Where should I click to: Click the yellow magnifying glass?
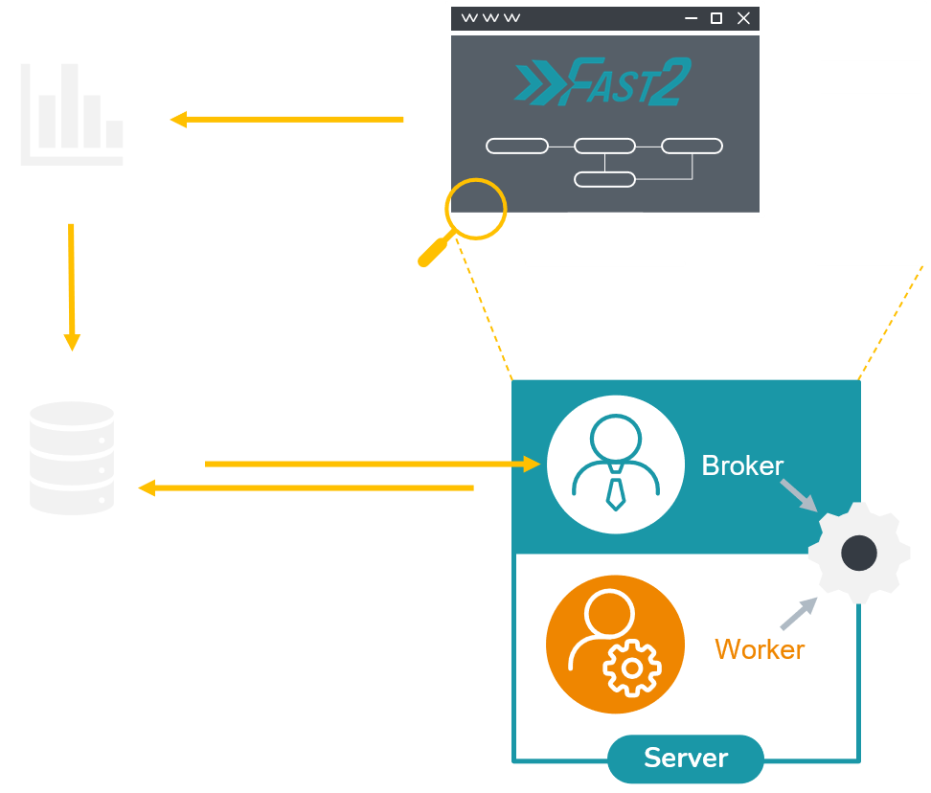[465, 221]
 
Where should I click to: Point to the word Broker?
[742, 465]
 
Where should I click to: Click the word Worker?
[760, 649]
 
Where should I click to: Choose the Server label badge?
[686, 759]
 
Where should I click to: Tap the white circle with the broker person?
[615, 464]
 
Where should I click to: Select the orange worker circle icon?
[615, 645]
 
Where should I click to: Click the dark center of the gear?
[859, 553]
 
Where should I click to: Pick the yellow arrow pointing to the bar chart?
[286, 120]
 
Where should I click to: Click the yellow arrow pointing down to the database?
[72, 286]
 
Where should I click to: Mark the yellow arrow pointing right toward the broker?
[374, 464]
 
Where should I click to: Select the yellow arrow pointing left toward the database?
[307, 488]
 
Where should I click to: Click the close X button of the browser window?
[743, 18]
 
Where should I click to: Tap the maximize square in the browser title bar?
[716, 18]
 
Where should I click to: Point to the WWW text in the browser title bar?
[490, 18]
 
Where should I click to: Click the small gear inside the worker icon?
[631, 667]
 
